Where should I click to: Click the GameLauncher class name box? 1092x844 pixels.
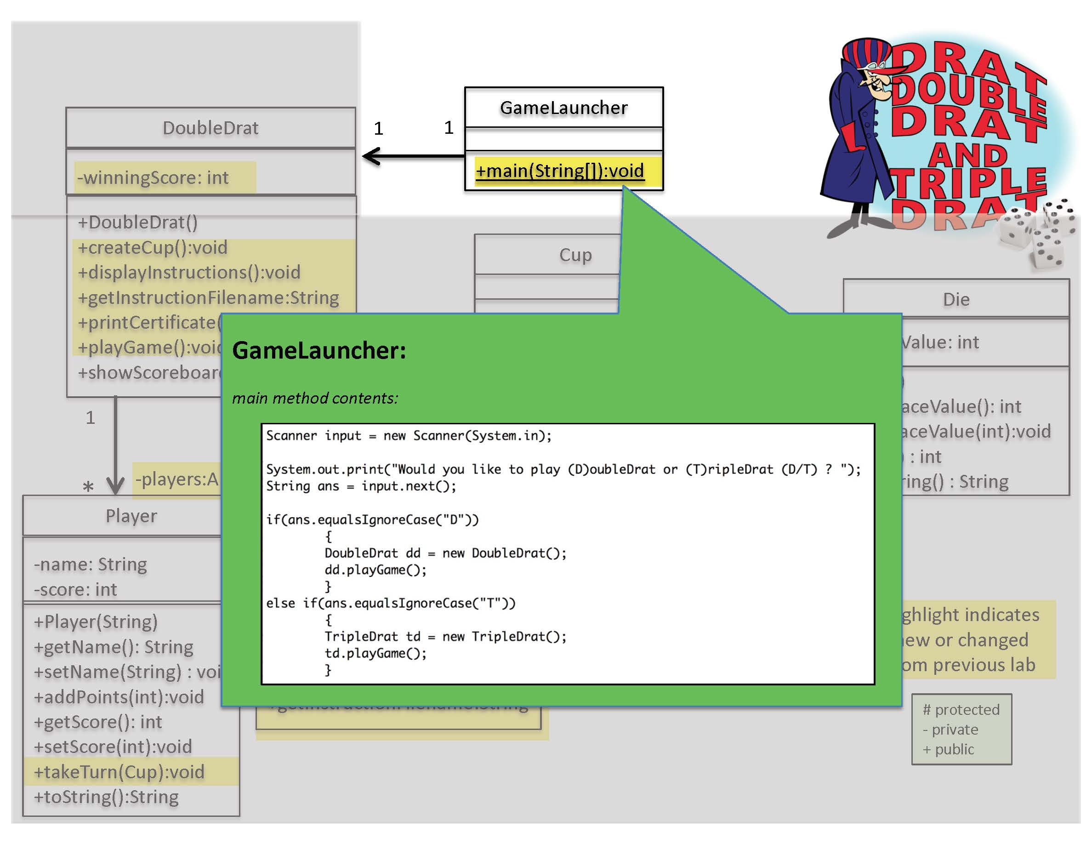[x=563, y=108]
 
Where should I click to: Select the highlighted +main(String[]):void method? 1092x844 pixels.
[x=559, y=171]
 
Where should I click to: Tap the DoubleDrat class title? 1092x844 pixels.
[x=210, y=128]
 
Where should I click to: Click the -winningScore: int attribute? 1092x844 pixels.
[x=153, y=177]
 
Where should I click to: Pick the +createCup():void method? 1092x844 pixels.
[x=153, y=247]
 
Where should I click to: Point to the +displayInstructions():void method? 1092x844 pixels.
[x=189, y=273]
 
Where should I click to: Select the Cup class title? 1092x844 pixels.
[x=575, y=255]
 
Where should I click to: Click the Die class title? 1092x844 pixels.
[x=955, y=300]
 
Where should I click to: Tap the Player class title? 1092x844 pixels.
[x=131, y=516]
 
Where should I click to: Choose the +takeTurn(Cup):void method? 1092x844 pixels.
[x=119, y=771]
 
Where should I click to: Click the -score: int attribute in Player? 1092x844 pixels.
[x=75, y=589]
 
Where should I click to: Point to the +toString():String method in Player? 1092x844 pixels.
[x=106, y=797]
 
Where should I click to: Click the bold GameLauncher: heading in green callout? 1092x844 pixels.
[x=319, y=350]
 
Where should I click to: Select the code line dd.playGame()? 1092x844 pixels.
[x=375, y=570]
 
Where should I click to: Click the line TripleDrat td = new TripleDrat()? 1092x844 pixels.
[x=445, y=637]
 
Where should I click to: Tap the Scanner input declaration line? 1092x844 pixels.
[x=409, y=435]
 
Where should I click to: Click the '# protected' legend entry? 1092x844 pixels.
[x=961, y=709]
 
